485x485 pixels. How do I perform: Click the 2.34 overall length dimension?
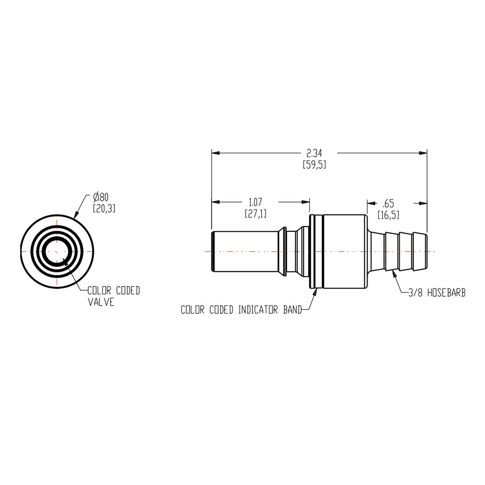pyautogui.click(x=314, y=153)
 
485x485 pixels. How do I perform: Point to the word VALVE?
pyautogui.click(x=101, y=302)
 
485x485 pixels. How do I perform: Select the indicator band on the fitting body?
pyautogui.click(x=316, y=252)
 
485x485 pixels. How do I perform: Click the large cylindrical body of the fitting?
pyautogui.click(x=344, y=252)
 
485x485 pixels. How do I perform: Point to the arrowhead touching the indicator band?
pyautogui.click(x=315, y=291)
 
